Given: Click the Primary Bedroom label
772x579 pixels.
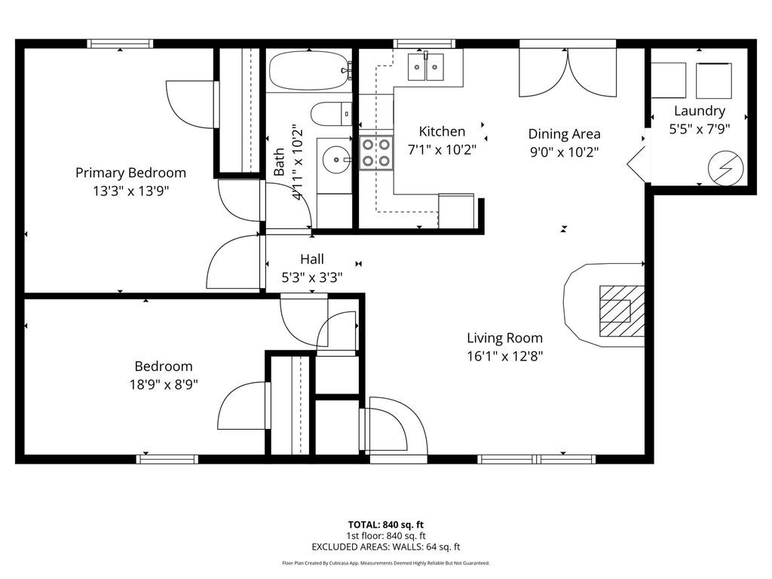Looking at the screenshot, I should click(x=130, y=173).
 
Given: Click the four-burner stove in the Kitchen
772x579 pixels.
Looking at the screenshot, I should click(x=375, y=152).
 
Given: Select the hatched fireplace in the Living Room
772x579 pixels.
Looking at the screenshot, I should click(x=621, y=310).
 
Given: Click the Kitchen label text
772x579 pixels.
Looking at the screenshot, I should click(x=442, y=131).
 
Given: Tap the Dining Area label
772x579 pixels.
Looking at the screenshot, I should click(x=564, y=134).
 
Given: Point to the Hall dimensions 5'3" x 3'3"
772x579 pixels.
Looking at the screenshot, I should click(x=312, y=277).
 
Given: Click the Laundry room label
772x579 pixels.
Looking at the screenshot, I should click(x=699, y=112).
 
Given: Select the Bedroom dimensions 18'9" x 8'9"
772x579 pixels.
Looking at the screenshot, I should click(x=164, y=384).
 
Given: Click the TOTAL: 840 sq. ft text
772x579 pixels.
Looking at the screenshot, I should click(x=386, y=525).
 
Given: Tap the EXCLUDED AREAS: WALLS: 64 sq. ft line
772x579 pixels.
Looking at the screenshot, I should click(x=386, y=547).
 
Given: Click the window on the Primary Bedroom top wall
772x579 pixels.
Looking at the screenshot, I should click(x=121, y=44).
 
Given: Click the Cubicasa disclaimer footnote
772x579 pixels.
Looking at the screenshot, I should click(x=386, y=563).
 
